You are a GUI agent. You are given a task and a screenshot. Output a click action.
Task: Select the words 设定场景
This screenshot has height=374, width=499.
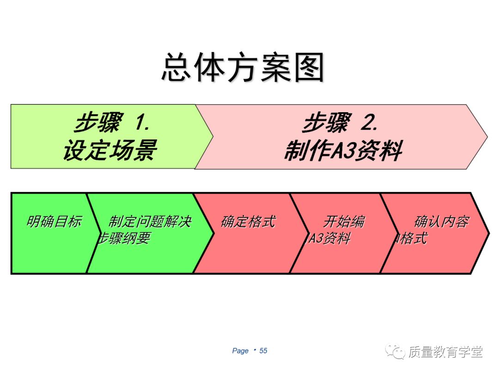click(110, 150)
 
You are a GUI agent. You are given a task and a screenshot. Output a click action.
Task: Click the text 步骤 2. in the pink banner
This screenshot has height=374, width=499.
click(341, 123)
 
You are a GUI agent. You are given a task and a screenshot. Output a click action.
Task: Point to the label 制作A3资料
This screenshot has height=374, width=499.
click(342, 151)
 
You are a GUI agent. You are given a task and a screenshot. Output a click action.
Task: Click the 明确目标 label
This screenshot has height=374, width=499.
click(54, 222)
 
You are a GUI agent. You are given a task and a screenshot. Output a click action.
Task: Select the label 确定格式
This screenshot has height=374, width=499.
click(248, 222)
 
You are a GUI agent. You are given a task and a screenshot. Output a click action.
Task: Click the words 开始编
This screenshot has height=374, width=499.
click(344, 222)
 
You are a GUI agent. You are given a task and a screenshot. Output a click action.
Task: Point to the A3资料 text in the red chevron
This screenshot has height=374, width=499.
click(329, 238)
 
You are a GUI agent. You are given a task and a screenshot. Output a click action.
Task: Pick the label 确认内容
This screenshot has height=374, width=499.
click(441, 222)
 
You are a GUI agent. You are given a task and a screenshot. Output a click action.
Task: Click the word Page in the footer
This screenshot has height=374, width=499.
click(240, 351)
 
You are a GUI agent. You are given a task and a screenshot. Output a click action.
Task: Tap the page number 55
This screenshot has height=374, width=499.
click(263, 351)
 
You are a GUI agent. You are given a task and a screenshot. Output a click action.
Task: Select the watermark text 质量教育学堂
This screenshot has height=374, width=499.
click(445, 352)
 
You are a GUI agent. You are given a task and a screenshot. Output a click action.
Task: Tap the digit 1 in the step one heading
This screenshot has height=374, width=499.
click(142, 123)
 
